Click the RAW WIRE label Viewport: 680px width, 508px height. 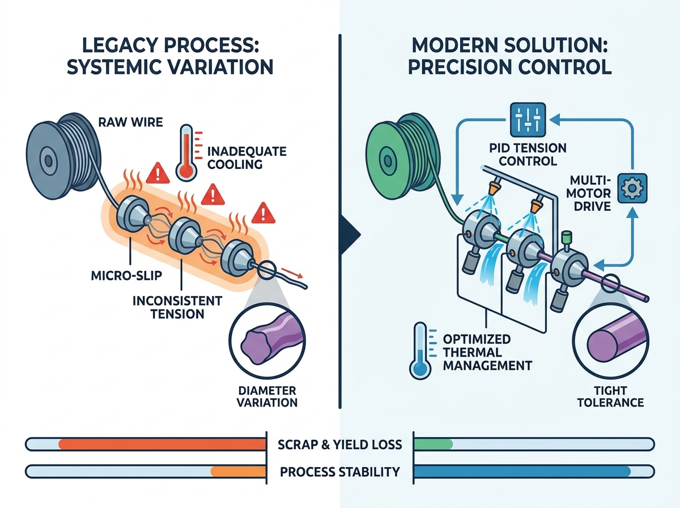(130, 122)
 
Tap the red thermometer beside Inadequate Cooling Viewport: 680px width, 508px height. (186, 153)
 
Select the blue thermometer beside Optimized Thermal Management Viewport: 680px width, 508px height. (420, 351)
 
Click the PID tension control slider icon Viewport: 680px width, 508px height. (528, 120)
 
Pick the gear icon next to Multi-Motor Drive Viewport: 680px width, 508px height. (632, 188)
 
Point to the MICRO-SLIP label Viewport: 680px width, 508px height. (127, 275)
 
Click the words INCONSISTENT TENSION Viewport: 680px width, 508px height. (177, 307)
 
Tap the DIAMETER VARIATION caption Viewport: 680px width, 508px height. (267, 396)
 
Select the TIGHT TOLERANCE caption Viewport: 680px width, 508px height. (611, 396)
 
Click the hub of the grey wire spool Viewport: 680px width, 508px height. (48, 160)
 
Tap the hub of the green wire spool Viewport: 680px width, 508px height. (388, 160)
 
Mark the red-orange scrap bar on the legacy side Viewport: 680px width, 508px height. (162, 444)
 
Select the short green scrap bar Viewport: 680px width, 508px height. (433, 444)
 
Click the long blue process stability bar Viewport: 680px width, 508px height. (522, 471)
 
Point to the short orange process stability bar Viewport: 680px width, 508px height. (238, 471)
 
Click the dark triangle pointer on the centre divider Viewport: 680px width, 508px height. (350, 235)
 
